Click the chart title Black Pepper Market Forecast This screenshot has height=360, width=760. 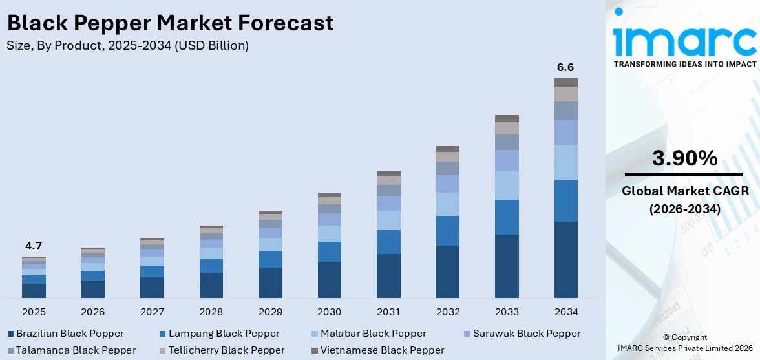[170, 23]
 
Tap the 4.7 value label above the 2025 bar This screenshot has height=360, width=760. [34, 246]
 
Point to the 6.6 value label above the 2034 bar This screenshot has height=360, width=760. [565, 67]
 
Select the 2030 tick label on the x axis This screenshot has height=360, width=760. [329, 312]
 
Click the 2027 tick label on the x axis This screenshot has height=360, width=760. [152, 312]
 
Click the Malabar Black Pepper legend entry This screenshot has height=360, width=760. [369, 334]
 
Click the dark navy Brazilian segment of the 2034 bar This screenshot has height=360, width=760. [565, 260]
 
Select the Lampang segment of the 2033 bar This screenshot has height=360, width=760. [507, 217]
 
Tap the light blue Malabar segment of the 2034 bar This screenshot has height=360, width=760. [565, 162]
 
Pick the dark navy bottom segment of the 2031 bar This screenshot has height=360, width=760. [388, 276]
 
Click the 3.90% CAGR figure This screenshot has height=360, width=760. [684, 158]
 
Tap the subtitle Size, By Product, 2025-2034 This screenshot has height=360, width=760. [127, 45]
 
